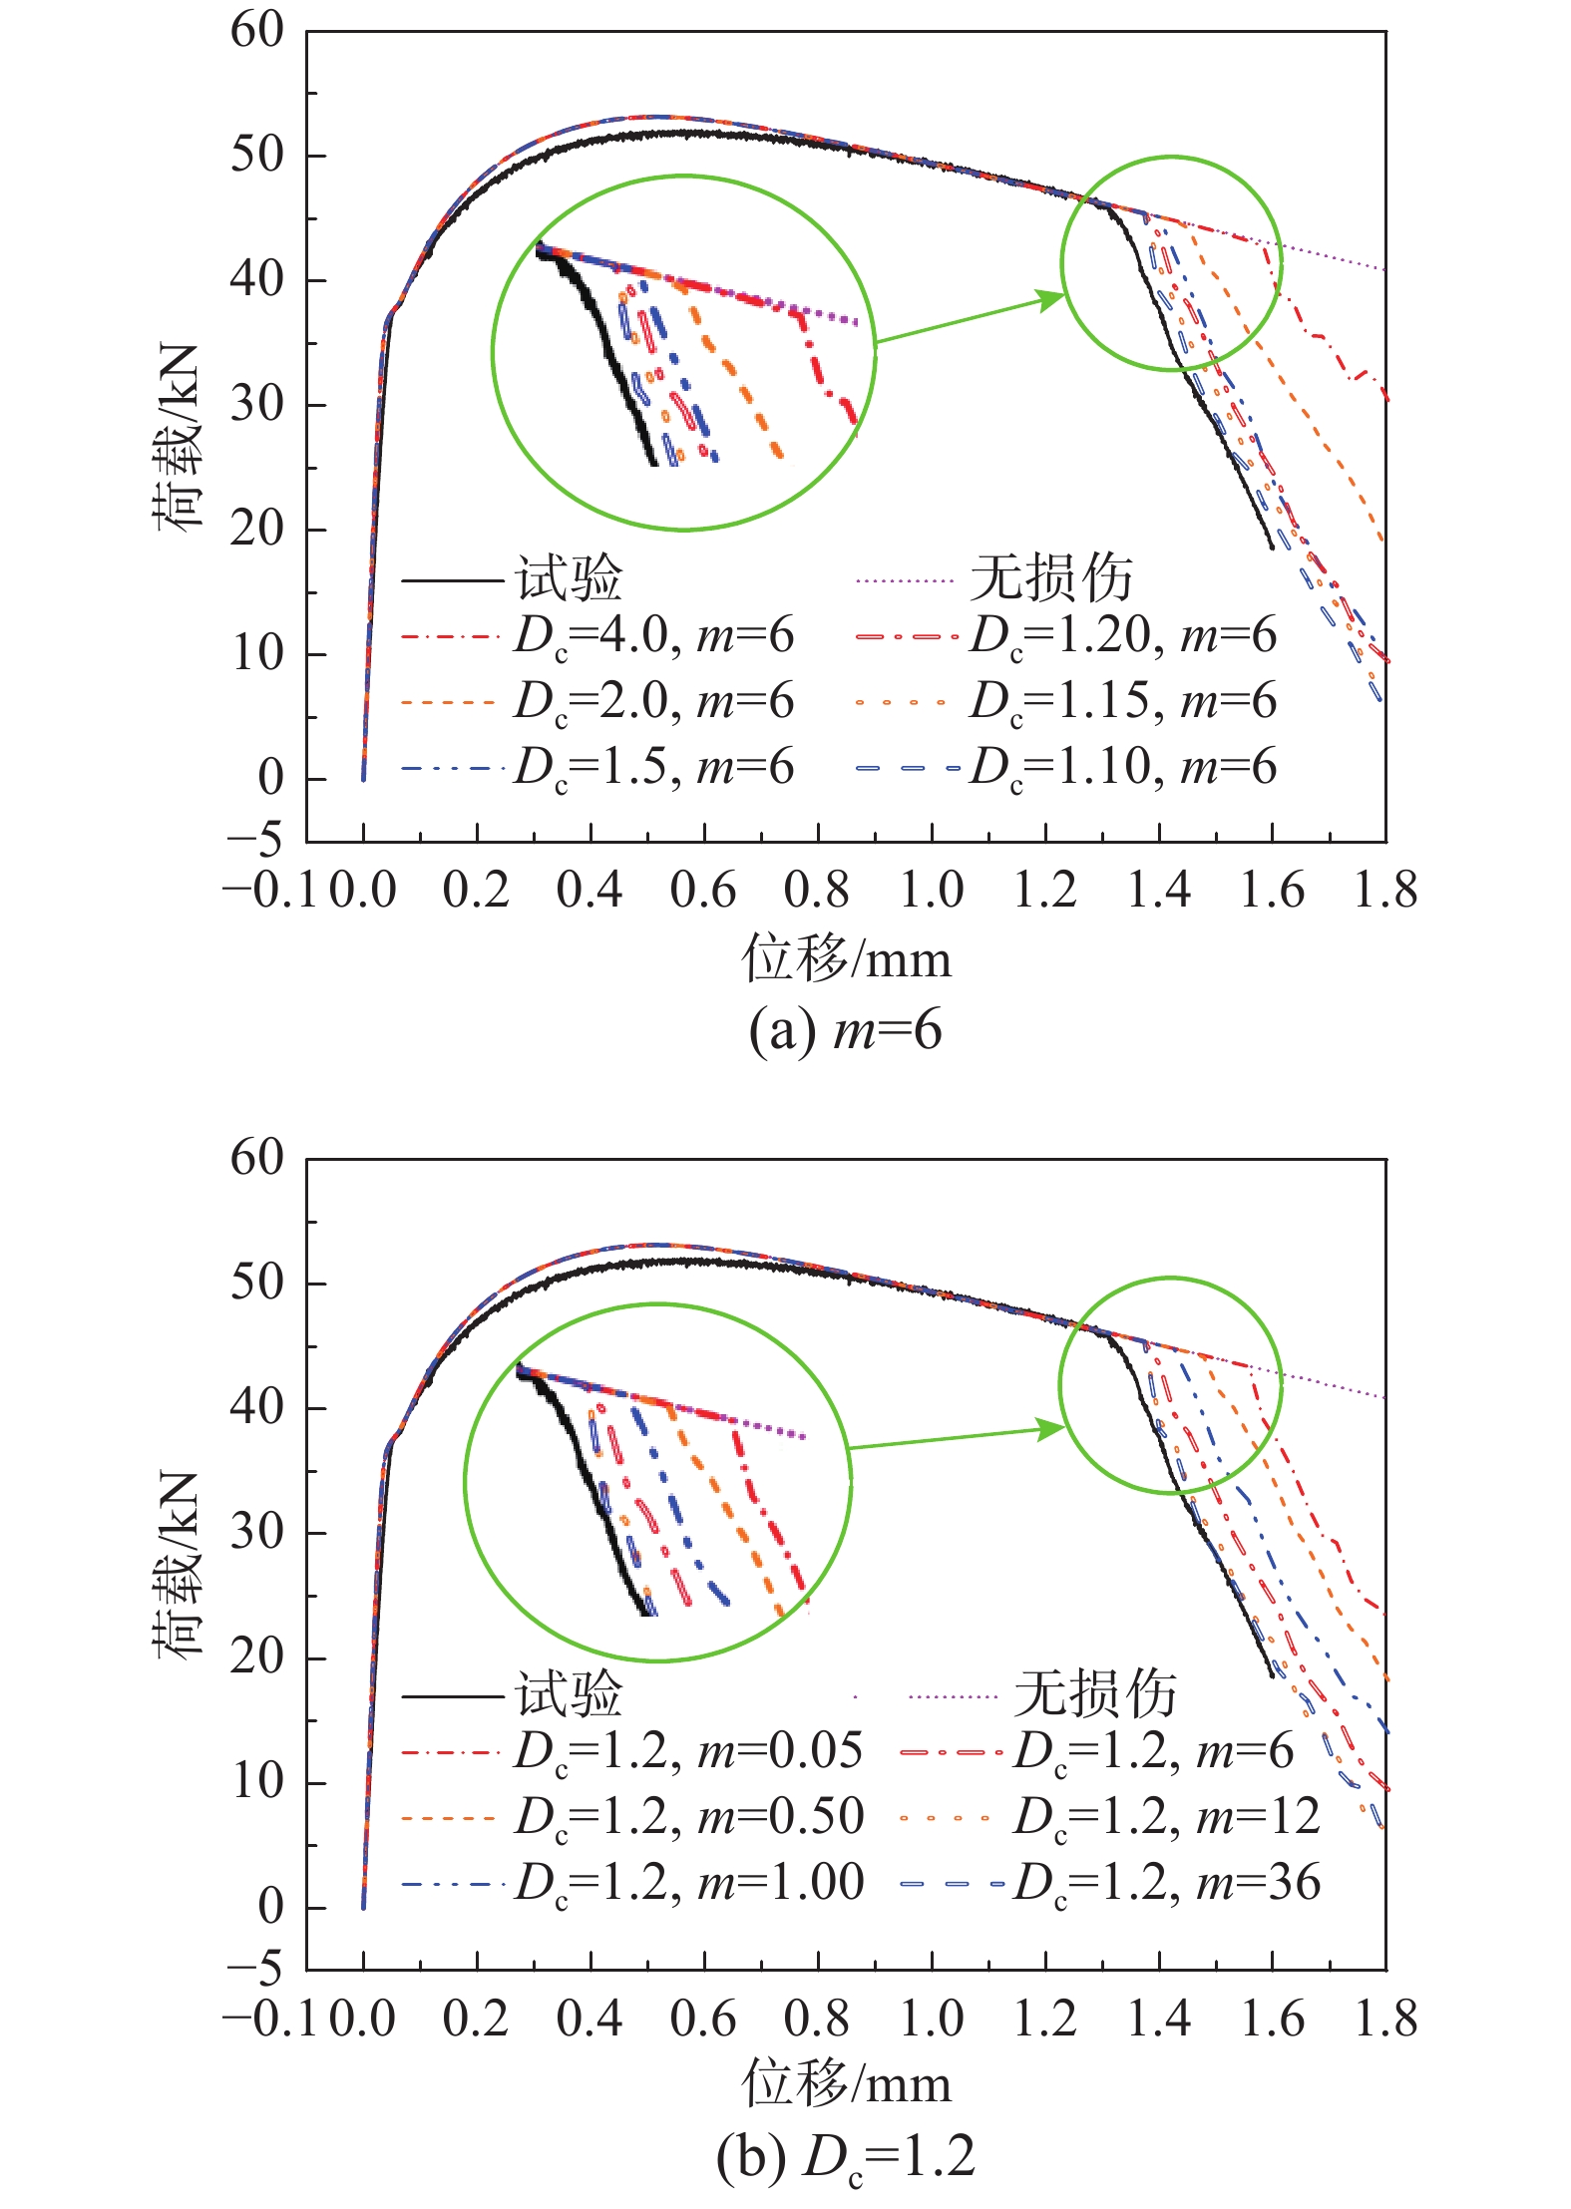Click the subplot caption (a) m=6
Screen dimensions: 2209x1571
(845, 1030)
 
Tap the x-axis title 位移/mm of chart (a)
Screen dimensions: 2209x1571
(846, 959)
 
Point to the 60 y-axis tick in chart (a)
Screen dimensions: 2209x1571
(257, 31)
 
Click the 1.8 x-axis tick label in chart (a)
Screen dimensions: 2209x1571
(1384, 890)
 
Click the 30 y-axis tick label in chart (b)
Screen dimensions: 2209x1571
(257, 1533)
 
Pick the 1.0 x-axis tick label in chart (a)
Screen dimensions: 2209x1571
(931, 890)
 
